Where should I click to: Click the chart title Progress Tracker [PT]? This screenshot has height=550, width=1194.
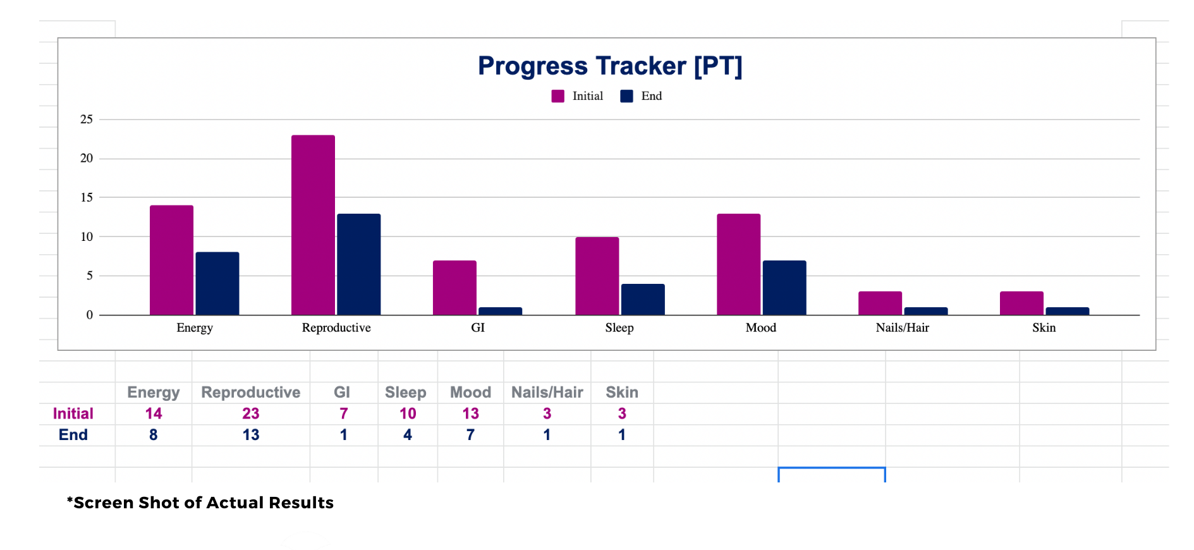609,66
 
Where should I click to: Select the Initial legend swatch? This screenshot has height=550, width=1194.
557,96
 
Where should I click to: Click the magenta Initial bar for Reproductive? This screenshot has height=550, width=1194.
313,224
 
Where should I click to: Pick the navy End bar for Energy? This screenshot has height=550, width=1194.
217,283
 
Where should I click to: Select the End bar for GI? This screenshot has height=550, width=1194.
500,311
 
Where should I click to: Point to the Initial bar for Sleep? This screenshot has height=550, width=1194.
597,276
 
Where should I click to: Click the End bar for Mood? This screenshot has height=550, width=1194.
784,288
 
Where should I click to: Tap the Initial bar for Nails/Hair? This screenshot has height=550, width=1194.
880,303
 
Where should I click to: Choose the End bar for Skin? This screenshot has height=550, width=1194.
1067,311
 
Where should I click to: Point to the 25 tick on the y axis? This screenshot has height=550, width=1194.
87,119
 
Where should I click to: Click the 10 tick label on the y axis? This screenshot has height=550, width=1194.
87,237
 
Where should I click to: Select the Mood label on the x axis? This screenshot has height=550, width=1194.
760,327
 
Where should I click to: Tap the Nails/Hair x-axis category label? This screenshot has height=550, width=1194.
902,327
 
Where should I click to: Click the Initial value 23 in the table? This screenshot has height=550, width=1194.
250,413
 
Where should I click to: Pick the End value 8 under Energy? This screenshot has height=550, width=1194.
153,435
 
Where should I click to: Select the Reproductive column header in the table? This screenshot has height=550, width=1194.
250,393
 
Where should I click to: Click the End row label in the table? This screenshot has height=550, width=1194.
73,435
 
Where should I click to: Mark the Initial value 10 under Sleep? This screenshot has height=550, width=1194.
408,413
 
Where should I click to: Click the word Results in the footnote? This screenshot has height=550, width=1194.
301,503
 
